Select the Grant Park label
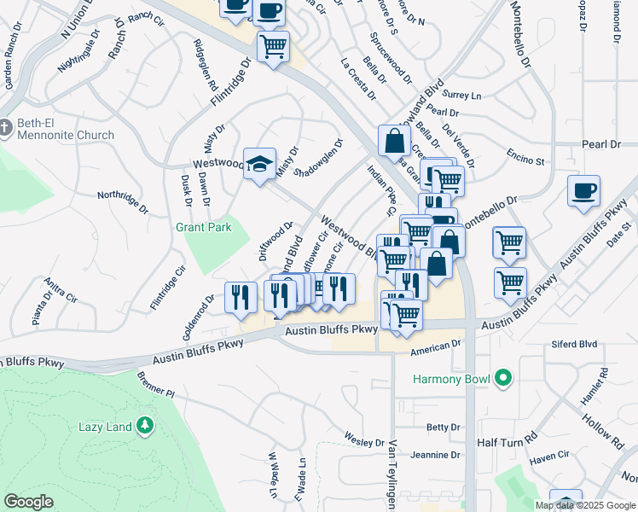click(x=203, y=228)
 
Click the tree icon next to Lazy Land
click(x=145, y=424)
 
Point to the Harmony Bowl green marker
click(x=503, y=376)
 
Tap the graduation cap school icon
click(x=259, y=164)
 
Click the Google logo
click(x=29, y=502)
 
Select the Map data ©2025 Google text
click(x=585, y=505)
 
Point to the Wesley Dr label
click(x=364, y=439)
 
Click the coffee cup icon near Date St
click(x=583, y=191)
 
